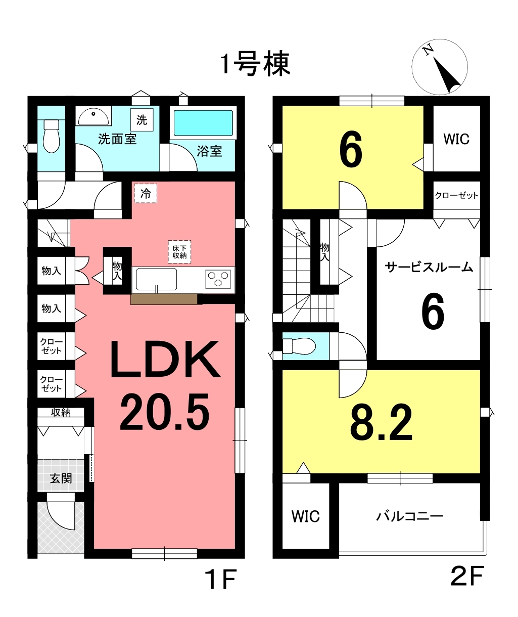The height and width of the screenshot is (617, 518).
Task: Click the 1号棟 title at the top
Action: (256, 64)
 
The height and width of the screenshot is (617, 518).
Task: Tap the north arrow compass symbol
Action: (440, 67)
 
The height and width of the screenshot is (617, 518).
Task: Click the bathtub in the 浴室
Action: (203, 123)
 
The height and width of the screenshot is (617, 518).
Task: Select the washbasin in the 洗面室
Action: (93, 116)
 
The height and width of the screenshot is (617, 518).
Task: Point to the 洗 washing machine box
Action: (142, 120)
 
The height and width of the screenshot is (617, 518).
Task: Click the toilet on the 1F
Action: (52, 136)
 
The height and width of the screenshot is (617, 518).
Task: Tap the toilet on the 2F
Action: (299, 346)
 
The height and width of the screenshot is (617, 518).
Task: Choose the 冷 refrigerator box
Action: (146, 194)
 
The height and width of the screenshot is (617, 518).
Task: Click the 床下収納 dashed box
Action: (179, 252)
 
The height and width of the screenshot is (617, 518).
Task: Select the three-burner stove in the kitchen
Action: (218, 278)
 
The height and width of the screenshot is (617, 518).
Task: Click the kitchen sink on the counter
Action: (157, 279)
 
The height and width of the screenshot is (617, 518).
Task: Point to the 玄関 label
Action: (61, 478)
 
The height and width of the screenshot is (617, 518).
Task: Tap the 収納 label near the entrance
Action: (61, 412)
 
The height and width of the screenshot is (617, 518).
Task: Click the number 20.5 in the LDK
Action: (165, 412)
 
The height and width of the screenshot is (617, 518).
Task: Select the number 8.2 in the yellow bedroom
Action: (381, 423)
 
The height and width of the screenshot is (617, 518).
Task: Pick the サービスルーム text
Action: (429, 267)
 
